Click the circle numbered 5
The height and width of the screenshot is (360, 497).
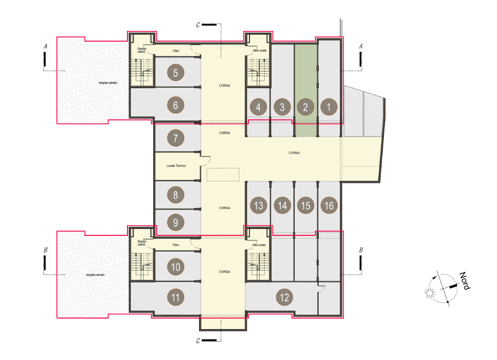(x=176, y=73)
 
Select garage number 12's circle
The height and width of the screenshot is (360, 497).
(x=285, y=297)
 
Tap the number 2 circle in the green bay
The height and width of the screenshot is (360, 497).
(x=305, y=107)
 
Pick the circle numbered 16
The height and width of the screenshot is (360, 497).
(x=329, y=205)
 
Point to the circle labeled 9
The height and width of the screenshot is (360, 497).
(x=176, y=222)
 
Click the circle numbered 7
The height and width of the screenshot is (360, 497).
(x=176, y=138)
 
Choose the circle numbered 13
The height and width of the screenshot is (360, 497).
(x=258, y=205)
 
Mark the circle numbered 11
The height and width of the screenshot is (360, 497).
(x=176, y=297)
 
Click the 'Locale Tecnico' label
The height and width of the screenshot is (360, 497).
(x=176, y=166)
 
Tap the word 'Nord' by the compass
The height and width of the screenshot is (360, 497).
(x=465, y=281)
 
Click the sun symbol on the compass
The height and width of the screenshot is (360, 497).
(x=430, y=293)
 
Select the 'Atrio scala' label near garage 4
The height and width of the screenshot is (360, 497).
(x=260, y=50)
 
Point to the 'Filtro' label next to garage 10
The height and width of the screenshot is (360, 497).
(x=176, y=245)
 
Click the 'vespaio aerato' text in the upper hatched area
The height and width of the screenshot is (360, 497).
(x=108, y=83)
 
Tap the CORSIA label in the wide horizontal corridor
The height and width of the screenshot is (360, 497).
(x=294, y=153)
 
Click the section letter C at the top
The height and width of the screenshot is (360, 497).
(x=198, y=25)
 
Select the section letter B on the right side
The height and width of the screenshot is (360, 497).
(x=361, y=250)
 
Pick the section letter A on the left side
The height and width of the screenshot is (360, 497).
(x=45, y=47)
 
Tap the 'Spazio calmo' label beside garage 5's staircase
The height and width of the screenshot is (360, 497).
(x=142, y=50)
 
